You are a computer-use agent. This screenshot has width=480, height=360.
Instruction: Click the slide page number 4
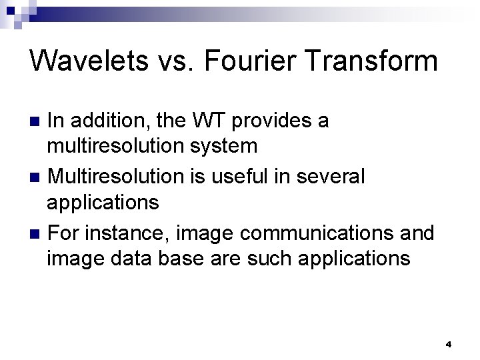(x=448, y=345)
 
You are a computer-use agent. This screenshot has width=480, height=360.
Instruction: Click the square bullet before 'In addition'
(x=37, y=121)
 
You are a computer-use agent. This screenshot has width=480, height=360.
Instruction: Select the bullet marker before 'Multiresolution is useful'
(x=37, y=177)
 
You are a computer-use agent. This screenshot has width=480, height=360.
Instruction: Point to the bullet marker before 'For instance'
(x=37, y=234)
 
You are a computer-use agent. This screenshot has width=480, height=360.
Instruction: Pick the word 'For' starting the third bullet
(x=63, y=233)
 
